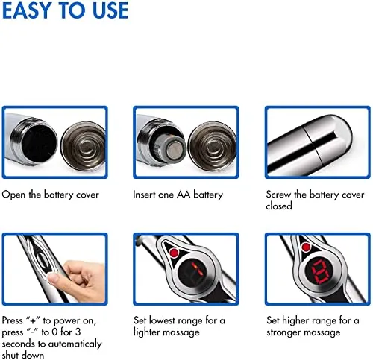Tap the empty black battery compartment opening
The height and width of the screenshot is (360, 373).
[x=39, y=142]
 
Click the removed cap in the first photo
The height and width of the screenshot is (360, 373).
[x=84, y=147]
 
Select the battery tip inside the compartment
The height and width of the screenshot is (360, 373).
[x=175, y=149]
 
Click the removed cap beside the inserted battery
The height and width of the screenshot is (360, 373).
[x=211, y=147]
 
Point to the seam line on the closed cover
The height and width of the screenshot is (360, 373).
[x=311, y=144]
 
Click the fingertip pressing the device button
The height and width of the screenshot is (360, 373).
[x=54, y=278]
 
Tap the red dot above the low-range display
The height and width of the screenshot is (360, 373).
[x=174, y=253]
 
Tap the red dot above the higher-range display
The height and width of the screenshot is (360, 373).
[x=306, y=247]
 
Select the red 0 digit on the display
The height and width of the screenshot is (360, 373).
[x=320, y=272]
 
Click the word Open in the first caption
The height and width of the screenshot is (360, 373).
[x=13, y=195]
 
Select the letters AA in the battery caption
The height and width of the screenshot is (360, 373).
[x=184, y=195]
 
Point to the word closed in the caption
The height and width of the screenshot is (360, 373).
[x=279, y=206]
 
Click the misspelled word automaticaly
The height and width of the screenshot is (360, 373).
[x=75, y=344]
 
